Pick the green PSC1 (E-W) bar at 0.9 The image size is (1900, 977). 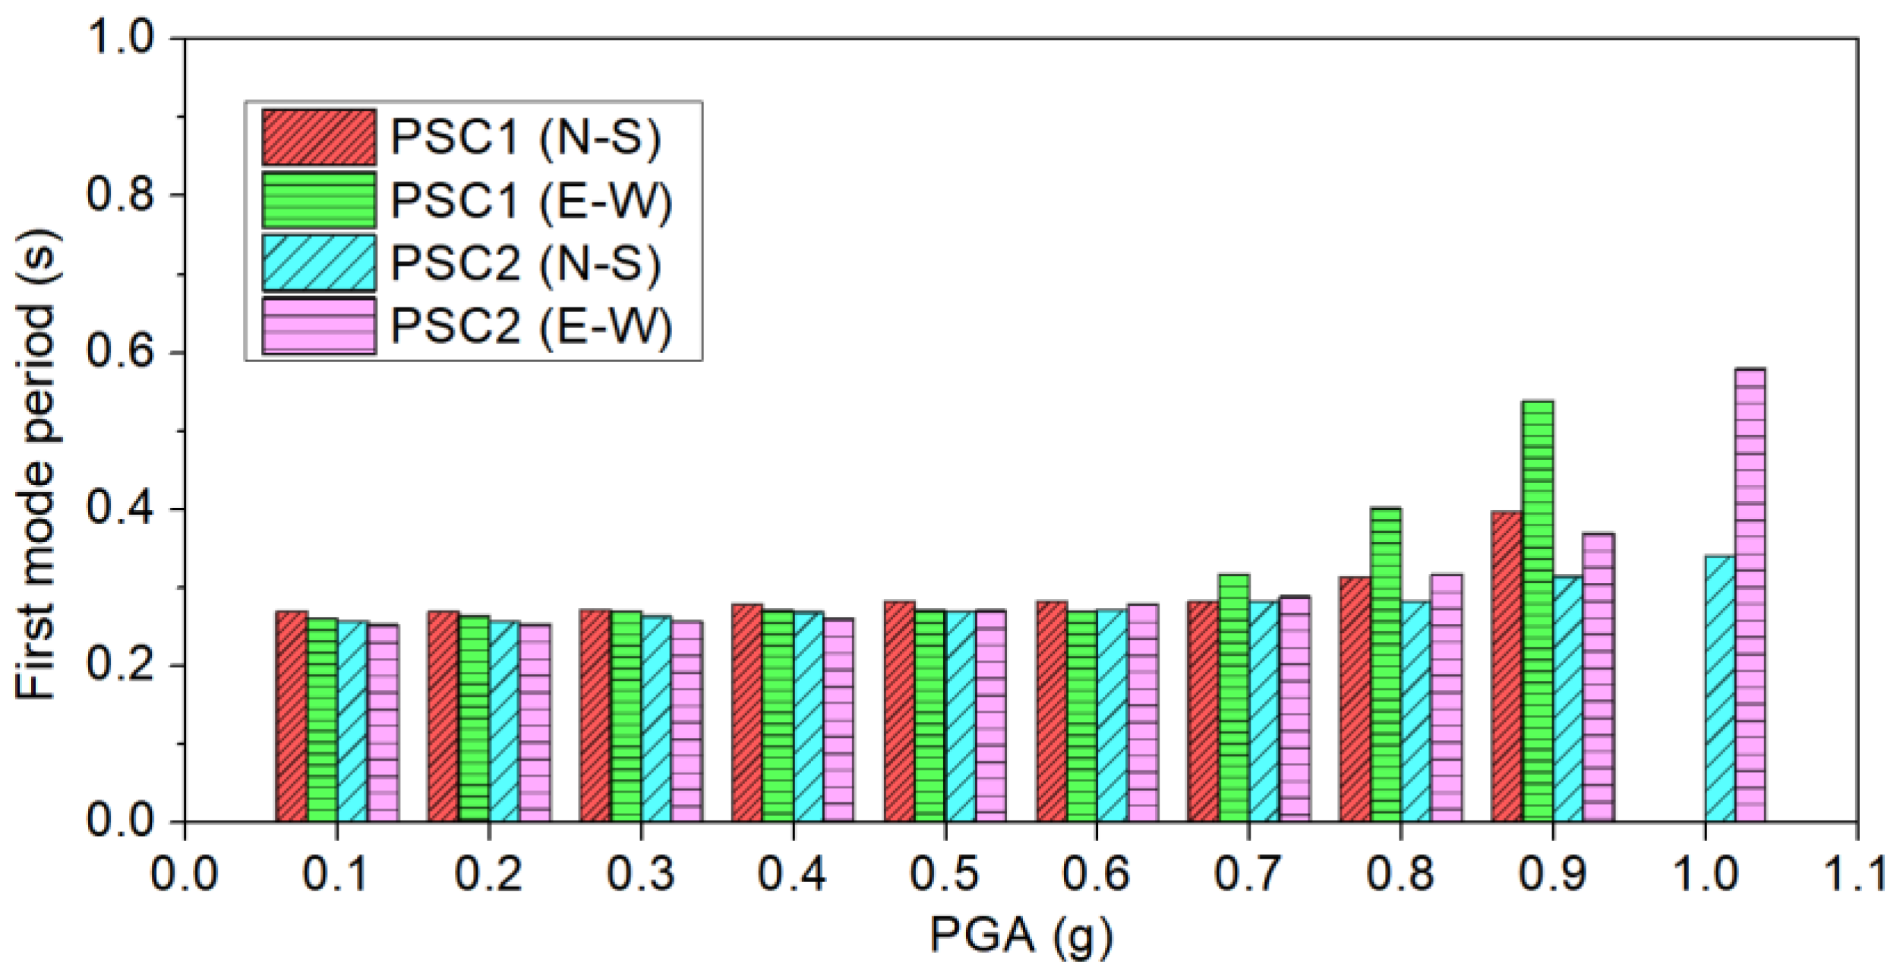click(1538, 611)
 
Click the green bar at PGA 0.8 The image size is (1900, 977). click(1386, 664)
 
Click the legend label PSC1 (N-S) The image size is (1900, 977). click(525, 137)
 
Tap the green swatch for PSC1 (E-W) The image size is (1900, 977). click(319, 200)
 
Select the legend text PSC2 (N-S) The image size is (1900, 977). click(525, 263)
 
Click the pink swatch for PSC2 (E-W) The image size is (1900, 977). click(319, 326)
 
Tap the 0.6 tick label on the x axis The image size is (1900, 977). click(1096, 874)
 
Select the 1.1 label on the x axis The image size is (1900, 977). click(1856, 874)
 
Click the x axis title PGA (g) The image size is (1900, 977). click(1021, 935)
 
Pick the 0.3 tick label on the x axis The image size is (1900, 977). click(640, 874)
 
